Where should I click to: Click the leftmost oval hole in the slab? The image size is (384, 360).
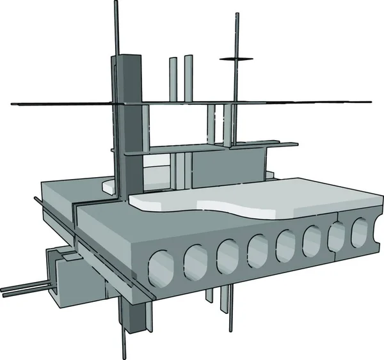[160, 267]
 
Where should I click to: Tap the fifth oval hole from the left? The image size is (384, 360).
[286, 244]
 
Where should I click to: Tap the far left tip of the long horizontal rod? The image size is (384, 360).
[13, 104]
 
